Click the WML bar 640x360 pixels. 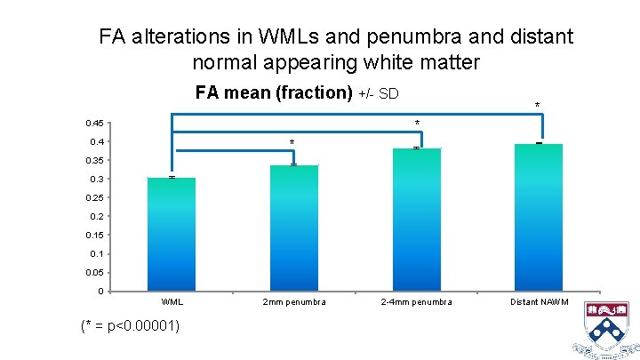pyautogui.click(x=172, y=235)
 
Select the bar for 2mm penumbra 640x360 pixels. pyautogui.click(x=293, y=228)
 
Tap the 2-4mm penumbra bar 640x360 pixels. pyautogui.click(x=416, y=220)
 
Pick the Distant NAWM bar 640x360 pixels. pyautogui.click(x=539, y=218)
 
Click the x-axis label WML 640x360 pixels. pyautogui.click(x=172, y=302)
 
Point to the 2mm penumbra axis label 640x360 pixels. pyautogui.click(x=293, y=302)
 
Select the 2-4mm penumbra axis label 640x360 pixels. pyautogui.click(x=416, y=302)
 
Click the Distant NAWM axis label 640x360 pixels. pyautogui.click(x=540, y=302)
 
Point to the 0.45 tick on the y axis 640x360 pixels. pyautogui.click(x=94, y=123)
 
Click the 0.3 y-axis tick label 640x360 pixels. pyautogui.click(x=98, y=180)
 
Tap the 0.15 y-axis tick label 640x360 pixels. pyautogui.click(x=94, y=236)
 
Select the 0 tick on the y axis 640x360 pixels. pyautogui.click(x=102, y=292)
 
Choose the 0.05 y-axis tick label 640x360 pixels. pyautogui.click(x=94, y=273)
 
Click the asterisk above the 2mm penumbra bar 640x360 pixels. pyautogui.click(x=292, y=143)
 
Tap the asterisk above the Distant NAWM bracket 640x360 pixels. pyautogui.click(x=536, y=107)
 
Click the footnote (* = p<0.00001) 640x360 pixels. pyautogui.click(x=130, y=325)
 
